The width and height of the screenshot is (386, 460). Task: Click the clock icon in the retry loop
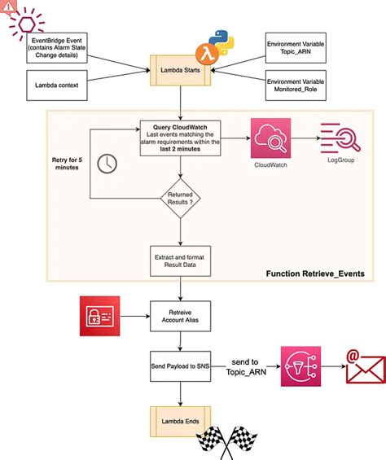click(107, 164)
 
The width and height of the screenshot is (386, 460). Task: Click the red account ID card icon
click(100, 316)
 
